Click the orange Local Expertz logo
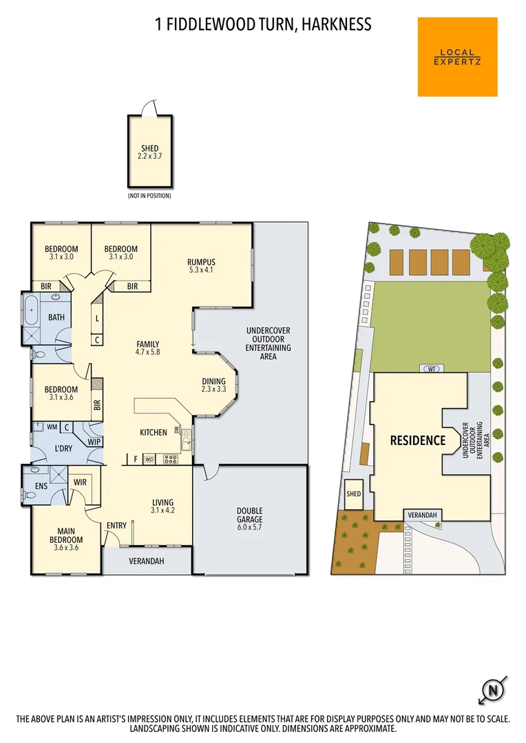(x=457, y=57)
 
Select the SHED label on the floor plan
(x=149, y=149)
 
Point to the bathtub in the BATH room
(x=32, y=312)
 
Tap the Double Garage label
(x=250, y=515)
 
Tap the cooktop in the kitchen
(x=167, y=458)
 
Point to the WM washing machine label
(x=52, y=427)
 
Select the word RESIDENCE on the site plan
(x=418, y=440)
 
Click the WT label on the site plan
(x=432, y=369)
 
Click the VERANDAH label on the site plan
(x=421, y=515)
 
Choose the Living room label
(x=162, y=506)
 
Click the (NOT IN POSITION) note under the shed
(x=149, y=196)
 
